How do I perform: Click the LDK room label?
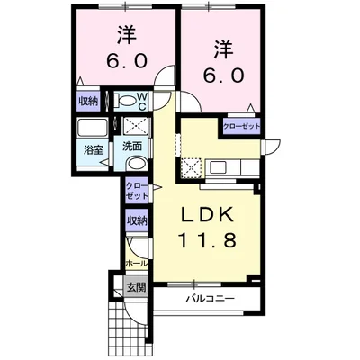tap(207, 214)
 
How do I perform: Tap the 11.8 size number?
tap(207, 240)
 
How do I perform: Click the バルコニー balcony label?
tap(210, 299)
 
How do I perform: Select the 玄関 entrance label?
tap(136, 288)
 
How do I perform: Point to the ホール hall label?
tap(137, 264)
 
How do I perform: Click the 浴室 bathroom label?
tap(94, 150)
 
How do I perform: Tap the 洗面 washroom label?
tap(132, 147)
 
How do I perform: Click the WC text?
tap(142, 101)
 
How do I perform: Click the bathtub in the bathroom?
tap(93, 128)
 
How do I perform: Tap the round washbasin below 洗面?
tap(137, 164)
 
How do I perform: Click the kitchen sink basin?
tap(220, 167)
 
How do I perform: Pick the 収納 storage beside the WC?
tap(88, 102)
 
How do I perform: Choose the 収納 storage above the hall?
tap(137, 221)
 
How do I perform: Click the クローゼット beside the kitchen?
tap(241, 126)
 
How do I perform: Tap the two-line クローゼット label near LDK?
tap(137, 191)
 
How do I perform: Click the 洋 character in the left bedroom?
tap(127, 34)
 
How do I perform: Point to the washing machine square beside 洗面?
tap(136, 126)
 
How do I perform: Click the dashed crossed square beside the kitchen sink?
tap(190, 168)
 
